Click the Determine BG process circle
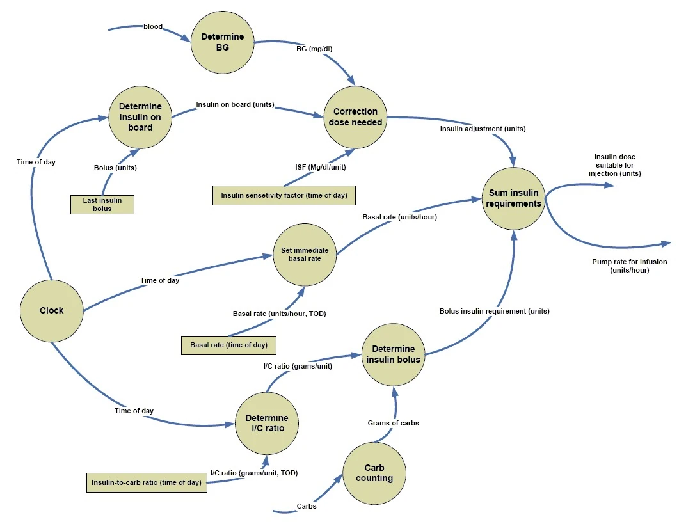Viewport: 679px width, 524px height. [223, 42]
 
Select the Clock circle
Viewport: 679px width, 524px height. [52, 310]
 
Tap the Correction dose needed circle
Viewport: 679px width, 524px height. [355, 117]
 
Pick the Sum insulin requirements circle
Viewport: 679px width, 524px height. [514, 198]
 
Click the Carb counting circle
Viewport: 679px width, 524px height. [374, 473]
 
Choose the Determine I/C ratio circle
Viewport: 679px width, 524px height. [267, 423]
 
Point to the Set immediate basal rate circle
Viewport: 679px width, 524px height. [305, 254]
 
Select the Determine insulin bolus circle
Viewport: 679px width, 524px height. [394, 354]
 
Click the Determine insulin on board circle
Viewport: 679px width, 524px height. [140, 117]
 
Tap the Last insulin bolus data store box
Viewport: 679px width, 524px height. [102, 204]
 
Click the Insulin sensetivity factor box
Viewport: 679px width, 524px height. [284, 195]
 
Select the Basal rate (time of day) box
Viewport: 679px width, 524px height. [228, 345]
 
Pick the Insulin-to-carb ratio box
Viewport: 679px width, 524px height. [148, 483]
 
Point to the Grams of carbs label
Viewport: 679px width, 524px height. [394, 423]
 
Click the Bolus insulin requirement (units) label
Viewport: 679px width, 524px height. [494, 312]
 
